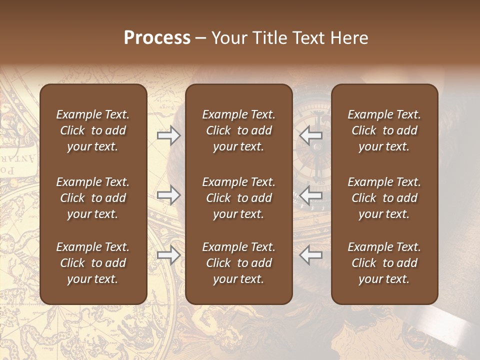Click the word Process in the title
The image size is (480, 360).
157,38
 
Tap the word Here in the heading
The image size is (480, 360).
348,38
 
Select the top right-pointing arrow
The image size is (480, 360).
168,135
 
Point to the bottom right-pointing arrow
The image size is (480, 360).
168,255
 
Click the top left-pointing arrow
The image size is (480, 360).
310,135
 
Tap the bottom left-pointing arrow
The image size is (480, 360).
310,255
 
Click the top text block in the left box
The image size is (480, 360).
93,130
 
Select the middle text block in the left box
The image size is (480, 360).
93,198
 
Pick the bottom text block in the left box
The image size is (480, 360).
93,263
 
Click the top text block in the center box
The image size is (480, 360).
239,130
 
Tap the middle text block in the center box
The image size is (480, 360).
239,198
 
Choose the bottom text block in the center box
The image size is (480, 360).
239,263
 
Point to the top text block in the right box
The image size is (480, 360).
384,130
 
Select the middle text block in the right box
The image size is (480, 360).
384,198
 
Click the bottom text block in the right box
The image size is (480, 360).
384,263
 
